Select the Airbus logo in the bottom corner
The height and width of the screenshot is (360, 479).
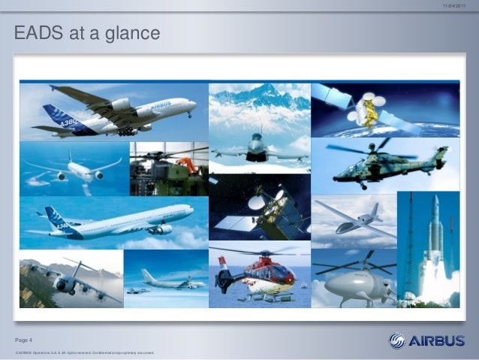(x=426, y=340)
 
